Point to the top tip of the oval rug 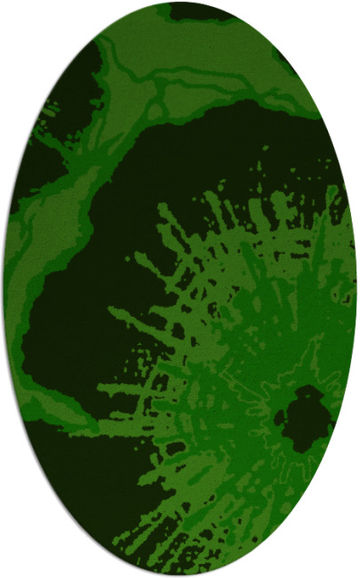[180, 3]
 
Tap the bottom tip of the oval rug [180, 575]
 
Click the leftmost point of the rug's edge [4, 289]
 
